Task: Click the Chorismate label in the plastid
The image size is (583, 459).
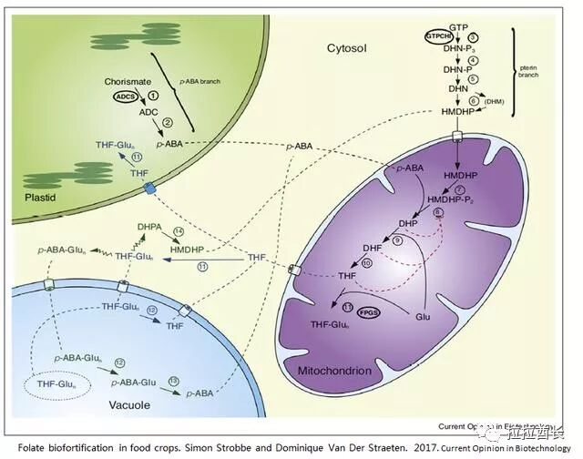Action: [128, 80]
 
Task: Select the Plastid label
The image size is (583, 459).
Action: [32, 196]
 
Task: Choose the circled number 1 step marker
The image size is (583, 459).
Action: [155, 95]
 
